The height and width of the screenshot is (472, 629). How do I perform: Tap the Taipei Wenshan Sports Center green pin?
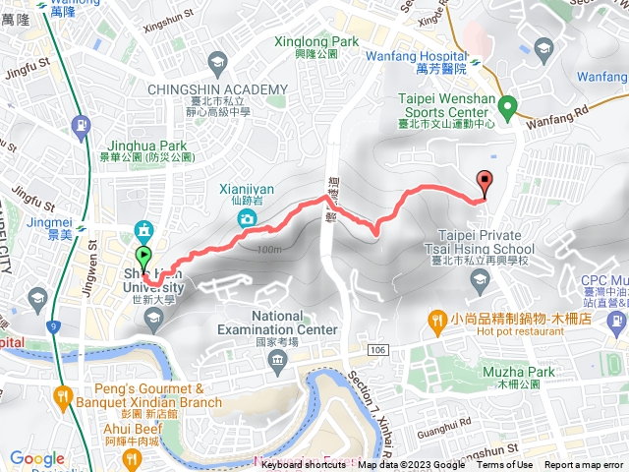(x=507, y=105)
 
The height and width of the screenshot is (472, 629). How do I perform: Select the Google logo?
(x=36, y=458)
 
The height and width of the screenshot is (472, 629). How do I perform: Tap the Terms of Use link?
(x=504, y=465)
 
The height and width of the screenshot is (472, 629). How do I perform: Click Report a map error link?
(x=585, y=465)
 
